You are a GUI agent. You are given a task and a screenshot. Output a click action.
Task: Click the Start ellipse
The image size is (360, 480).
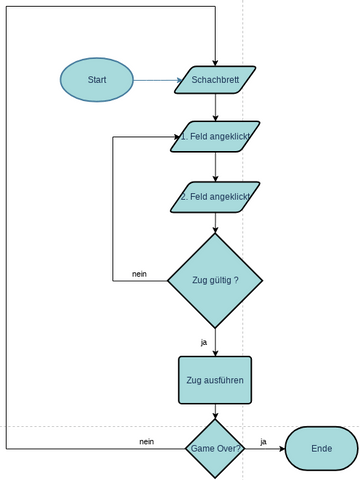click(x=96, y=79)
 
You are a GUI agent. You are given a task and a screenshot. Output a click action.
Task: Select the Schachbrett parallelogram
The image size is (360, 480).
click(x=215, y=80)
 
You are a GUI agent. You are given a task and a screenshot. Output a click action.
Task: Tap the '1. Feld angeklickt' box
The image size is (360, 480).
click(x=215, y=136)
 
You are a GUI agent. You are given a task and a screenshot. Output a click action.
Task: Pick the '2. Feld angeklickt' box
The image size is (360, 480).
click(x=215, y=197)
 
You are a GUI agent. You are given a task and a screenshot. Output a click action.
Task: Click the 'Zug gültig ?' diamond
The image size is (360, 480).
click(x=215, y=281)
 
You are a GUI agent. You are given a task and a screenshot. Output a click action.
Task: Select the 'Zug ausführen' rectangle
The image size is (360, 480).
click(x=215, y=380)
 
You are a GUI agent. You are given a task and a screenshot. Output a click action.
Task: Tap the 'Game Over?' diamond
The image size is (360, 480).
click(x=215, y=449)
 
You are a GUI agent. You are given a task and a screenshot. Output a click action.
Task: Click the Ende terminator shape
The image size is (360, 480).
click(x=321, y=449)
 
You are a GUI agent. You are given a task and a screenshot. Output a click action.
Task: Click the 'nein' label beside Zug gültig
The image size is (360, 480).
click(x=140, y=274)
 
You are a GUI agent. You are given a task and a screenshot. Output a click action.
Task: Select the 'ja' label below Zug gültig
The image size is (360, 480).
click(x=204, y=342)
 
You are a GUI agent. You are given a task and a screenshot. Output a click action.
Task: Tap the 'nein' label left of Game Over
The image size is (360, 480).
click(x=146, y=441)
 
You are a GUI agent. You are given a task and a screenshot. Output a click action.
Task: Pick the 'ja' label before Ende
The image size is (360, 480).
click(x=264, y=441)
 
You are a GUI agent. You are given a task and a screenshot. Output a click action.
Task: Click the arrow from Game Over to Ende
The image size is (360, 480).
click(x=265, y=449)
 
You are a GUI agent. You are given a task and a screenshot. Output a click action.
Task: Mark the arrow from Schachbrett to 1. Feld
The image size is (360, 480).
click(x=215, y=108)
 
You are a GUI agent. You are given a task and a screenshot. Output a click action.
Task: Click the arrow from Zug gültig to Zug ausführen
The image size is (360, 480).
click(x=215, y=342)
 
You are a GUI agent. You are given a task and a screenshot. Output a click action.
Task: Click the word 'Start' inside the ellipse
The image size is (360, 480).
click(x=97, y=79)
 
